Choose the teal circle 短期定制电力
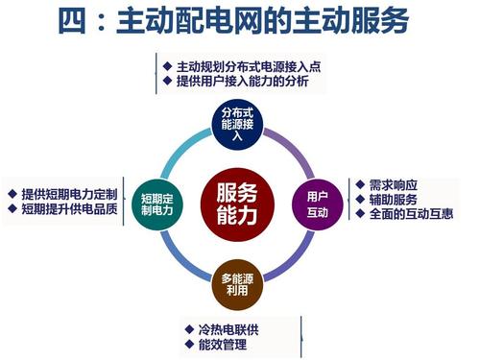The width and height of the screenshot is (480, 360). [156, 202]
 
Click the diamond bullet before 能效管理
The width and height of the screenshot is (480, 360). [189, 346]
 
